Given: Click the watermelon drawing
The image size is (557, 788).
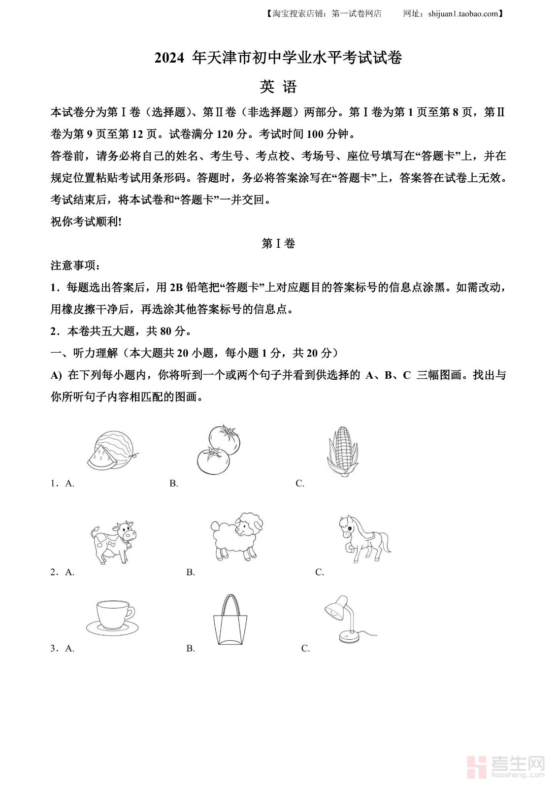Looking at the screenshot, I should click(112, 450).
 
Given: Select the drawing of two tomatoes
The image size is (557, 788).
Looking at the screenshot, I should click(218, 450).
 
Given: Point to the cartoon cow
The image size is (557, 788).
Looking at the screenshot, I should click(113, 542).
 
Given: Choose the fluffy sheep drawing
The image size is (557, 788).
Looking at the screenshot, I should click(236, 536).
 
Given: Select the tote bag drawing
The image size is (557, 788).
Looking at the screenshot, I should click(230, 621).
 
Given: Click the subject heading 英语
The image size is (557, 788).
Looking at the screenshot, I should click(278, 87).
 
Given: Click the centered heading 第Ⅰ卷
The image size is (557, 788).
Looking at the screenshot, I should click(278, 244).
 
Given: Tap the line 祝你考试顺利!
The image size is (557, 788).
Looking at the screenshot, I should click(86, 222).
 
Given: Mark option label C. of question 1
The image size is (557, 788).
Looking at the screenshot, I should click(300, 484).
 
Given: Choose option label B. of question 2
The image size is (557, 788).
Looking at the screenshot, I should click(191, 572).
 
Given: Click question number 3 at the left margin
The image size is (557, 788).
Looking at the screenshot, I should click(54, 649).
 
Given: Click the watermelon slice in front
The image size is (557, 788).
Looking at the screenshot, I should click(102, 459).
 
